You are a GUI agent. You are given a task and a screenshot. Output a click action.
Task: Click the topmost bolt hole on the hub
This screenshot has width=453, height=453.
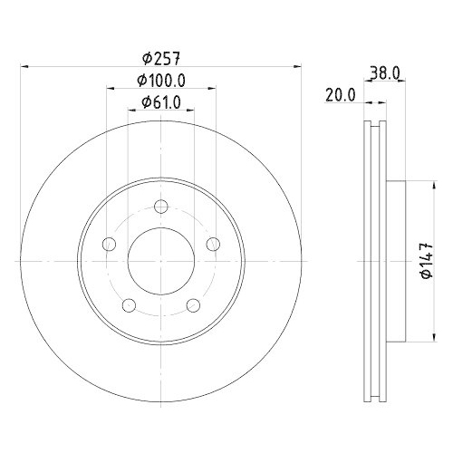click(x=160, y=207)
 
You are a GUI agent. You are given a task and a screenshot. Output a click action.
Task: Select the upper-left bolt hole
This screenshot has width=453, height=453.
click(x=109, y=244)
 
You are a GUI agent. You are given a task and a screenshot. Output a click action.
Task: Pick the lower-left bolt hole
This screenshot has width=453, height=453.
click(x=129, y=304)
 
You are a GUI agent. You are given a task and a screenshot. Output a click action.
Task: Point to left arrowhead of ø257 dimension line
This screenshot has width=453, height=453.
click(x=24, y=66)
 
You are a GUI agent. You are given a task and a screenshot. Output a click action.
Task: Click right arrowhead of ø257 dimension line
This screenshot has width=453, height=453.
click(x=295, y=66)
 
